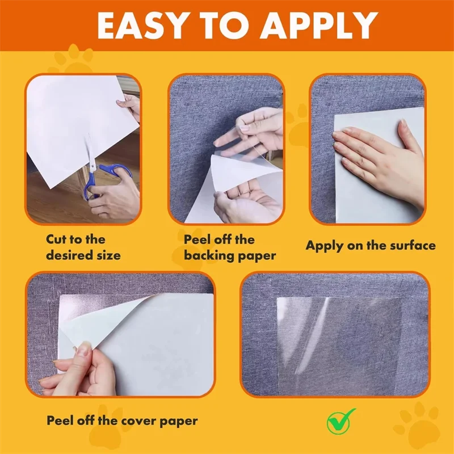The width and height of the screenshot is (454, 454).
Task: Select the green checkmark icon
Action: click(x=340, y=419)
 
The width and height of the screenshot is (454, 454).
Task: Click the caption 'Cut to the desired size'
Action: click(x=83, y=247)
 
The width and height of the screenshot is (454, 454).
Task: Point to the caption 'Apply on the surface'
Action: click(x=371, y=246)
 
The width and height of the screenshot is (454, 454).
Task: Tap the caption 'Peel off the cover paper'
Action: click(x=122, y=421)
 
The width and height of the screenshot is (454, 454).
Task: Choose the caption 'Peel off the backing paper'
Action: click(x=230, y=247)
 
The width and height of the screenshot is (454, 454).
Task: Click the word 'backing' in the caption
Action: click(x=209, y=255)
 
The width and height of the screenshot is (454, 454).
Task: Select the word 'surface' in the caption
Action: click(x=411, y=246)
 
